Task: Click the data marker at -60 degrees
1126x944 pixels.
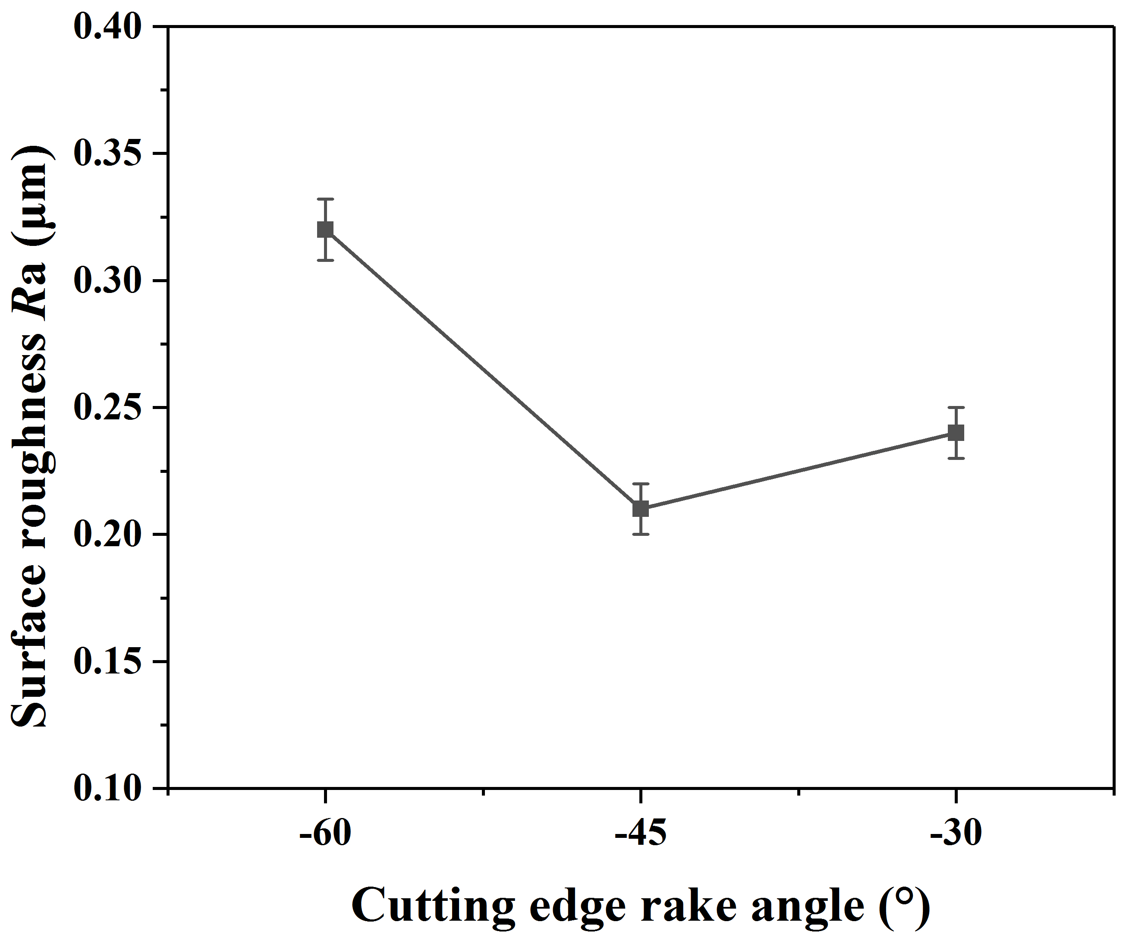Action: [x=325, y=230]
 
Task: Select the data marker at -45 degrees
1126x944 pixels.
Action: [x=640, y=509]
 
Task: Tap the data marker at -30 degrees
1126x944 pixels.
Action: [x=956, y=432]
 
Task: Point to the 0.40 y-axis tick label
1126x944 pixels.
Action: [x=107, y=27]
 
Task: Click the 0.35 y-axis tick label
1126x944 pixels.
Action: [x=107, y=154]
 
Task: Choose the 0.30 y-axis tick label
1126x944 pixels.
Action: [x=107, y=280]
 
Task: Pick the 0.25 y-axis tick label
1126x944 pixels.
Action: [x=107, y=408]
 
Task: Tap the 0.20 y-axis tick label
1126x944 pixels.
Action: [x=107, y=534]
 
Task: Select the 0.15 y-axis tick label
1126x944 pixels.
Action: [x=107, y=661]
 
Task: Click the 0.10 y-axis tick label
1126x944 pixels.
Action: [x=107, y=788]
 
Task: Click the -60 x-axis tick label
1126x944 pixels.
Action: [x=325, y=834]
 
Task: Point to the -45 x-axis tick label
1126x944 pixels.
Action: [x=640, y=834]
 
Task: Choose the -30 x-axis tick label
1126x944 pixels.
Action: [x=956, y=834]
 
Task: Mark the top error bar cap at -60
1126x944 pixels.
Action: [x=325, y=199]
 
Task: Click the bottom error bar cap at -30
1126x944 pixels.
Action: [x=956, y=458]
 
